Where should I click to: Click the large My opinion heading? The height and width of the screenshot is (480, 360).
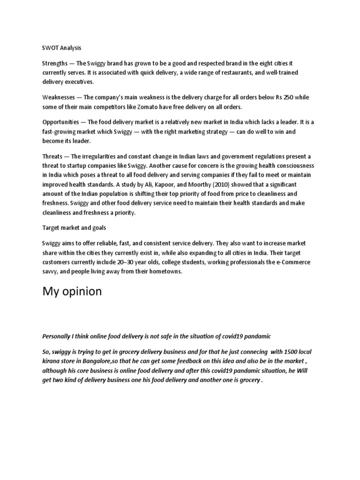[72, 292]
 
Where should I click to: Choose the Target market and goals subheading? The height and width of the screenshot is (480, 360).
[74, 227]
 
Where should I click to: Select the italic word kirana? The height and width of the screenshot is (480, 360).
[52, 362]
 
